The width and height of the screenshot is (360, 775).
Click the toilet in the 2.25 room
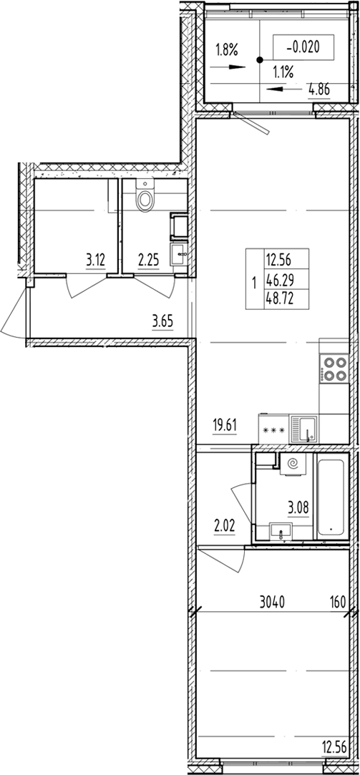point(145,198)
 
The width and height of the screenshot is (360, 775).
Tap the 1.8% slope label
point(227,49)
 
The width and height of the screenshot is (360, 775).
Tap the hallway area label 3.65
point(164,321)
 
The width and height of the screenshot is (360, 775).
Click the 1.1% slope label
point(281,72)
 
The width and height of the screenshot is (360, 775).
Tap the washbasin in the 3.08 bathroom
point(281,530)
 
